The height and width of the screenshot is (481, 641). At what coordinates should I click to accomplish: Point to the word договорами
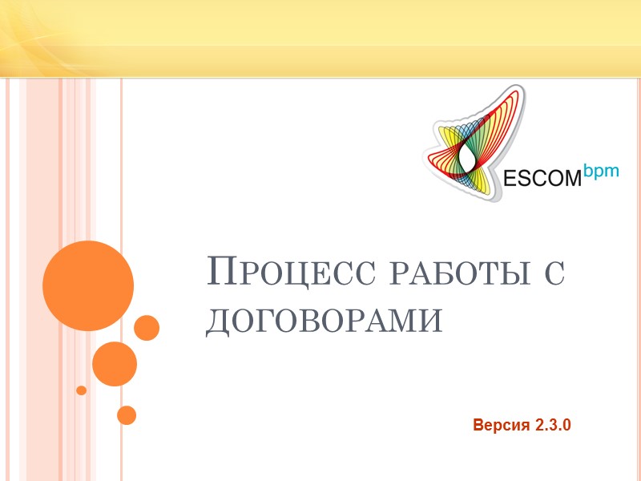point(325,321)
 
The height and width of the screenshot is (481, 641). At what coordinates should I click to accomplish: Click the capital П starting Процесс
point(222,272)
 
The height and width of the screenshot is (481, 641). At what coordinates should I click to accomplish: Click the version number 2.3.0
point(551,425)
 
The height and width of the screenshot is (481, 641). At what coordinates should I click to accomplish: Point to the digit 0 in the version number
point(566,425)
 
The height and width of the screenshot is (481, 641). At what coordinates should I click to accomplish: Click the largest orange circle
point(87,286)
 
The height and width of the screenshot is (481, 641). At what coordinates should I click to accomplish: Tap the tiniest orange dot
point(81,390)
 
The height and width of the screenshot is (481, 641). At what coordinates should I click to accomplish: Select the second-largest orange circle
point(115,364)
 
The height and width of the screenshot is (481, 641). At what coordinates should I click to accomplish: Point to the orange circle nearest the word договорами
point(147,327)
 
